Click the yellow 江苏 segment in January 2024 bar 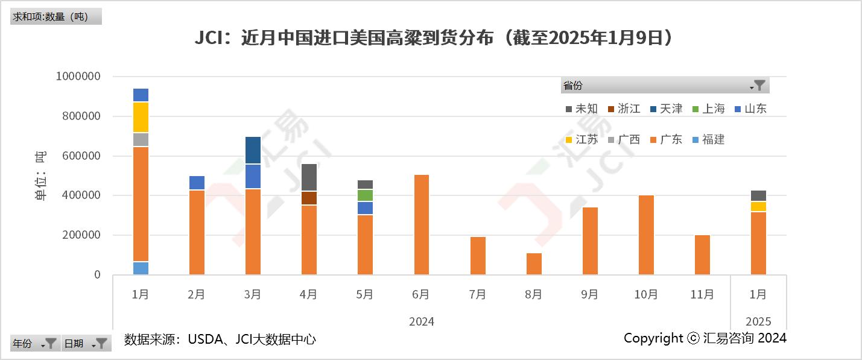point(141,118)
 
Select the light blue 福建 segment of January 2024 point(141,268)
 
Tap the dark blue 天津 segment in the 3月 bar point(253,150)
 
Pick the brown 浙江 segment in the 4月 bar point(309,198)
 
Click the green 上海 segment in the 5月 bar point(365,195)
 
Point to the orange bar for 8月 point(533,264)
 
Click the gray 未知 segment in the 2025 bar point(758,196)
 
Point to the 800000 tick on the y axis point(82,116)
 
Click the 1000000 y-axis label point(79,77)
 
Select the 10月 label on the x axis point(645,294)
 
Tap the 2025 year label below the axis point(758,321)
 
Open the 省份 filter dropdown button point(759,86)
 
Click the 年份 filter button point(51,344)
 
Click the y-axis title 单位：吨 point(40,176)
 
